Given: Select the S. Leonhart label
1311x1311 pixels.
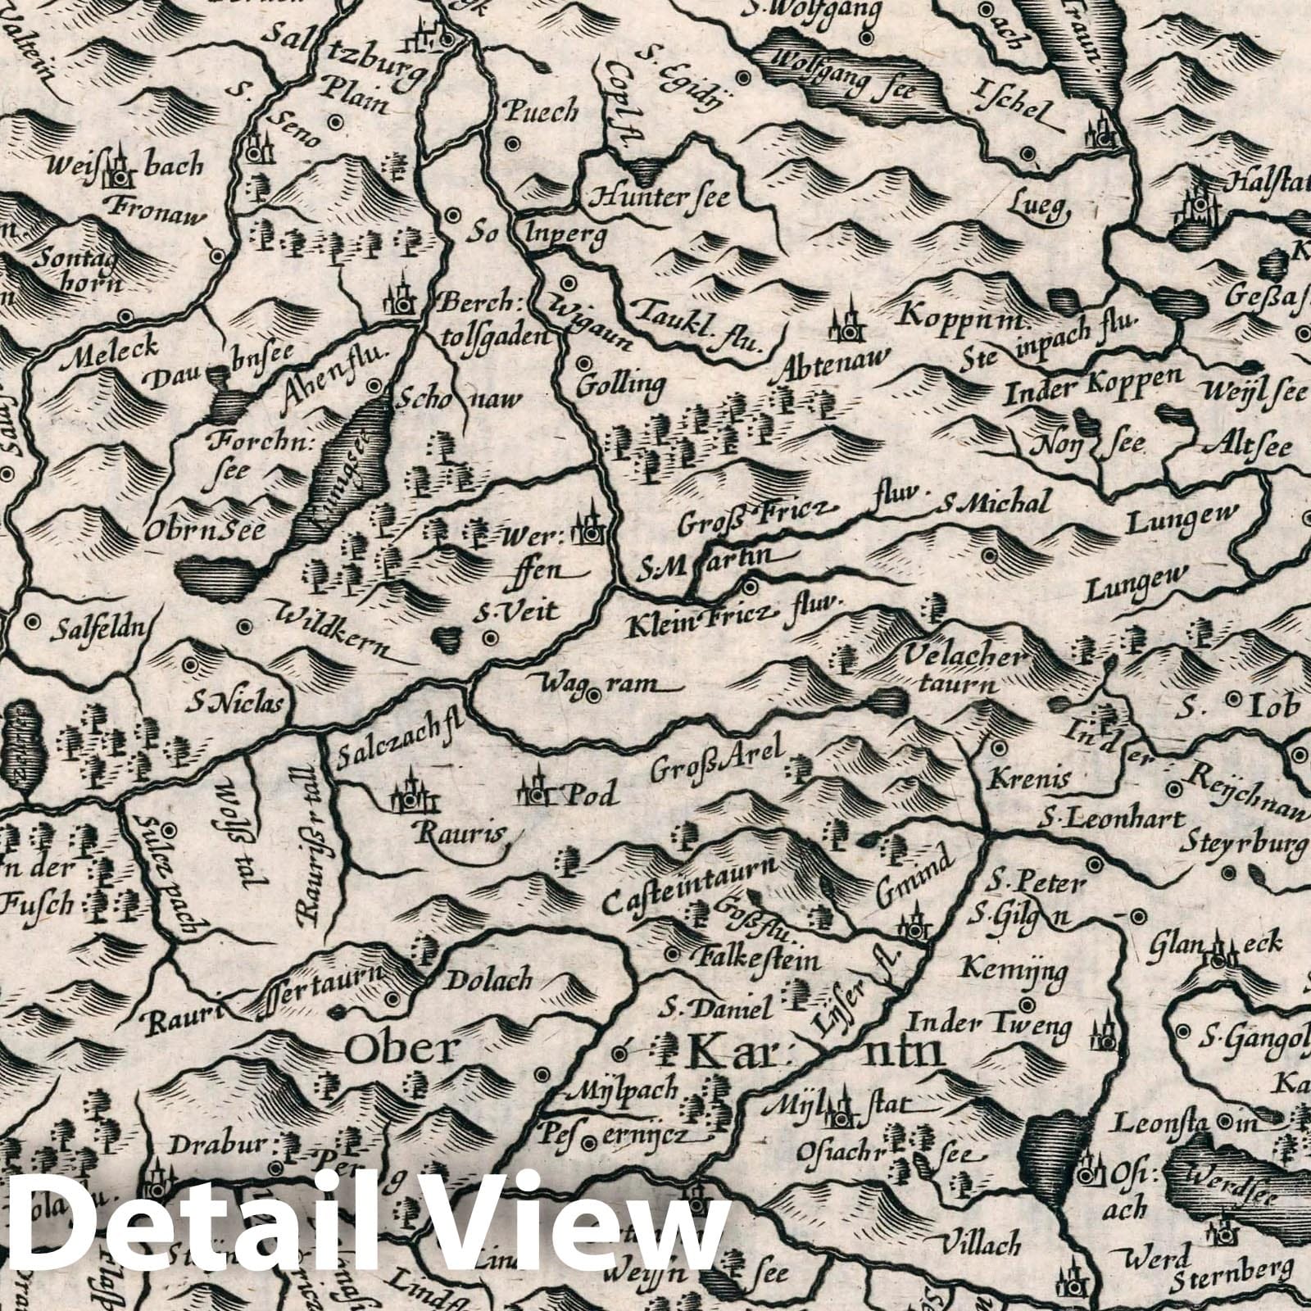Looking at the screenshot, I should (1114, 819).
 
